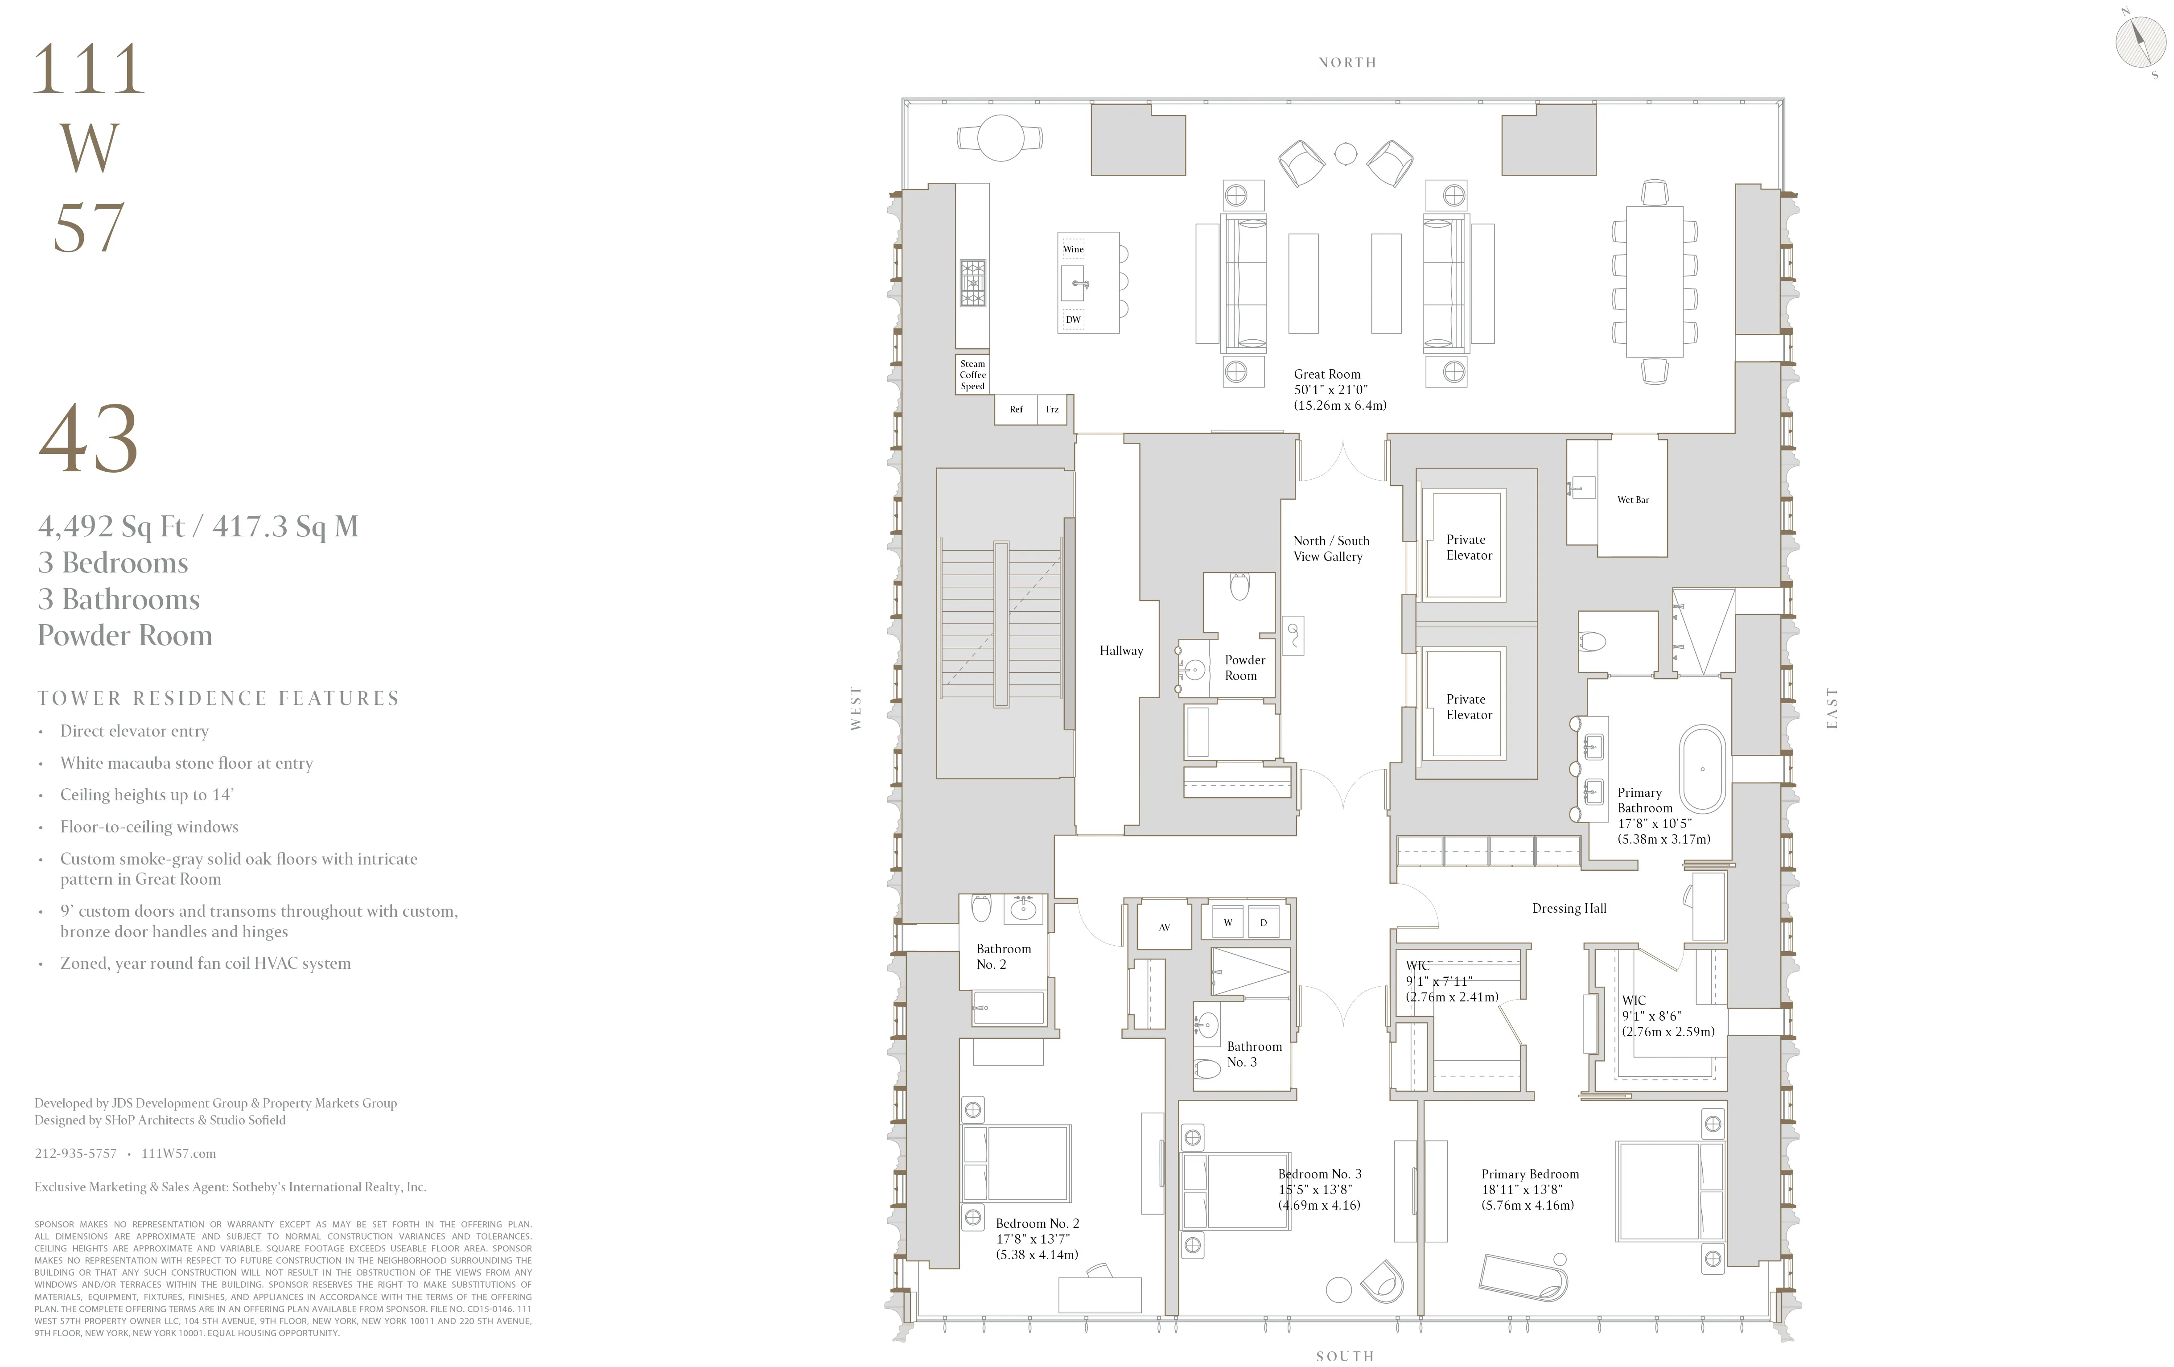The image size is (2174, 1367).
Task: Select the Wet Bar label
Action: [1632, 499]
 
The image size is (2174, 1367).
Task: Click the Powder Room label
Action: [1244, 667]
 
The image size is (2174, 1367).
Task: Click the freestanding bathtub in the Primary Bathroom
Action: [1702, 769]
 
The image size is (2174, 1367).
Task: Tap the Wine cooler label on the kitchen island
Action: [1073, 249]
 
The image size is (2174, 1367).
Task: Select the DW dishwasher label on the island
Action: [1073, 320]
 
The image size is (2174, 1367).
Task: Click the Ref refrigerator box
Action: [1016, 409]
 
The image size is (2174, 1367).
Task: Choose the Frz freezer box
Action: [1052, 409]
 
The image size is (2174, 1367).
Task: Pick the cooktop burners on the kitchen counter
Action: [972, 283]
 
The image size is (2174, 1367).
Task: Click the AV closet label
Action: [1164, 926]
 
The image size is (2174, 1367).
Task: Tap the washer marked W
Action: [1227, 922]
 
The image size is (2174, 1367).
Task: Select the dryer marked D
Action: [1263, 922]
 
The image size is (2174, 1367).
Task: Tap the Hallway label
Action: [1120, 650]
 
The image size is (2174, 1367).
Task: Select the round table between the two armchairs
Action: [1345, 153]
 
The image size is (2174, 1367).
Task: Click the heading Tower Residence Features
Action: [218, 698]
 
